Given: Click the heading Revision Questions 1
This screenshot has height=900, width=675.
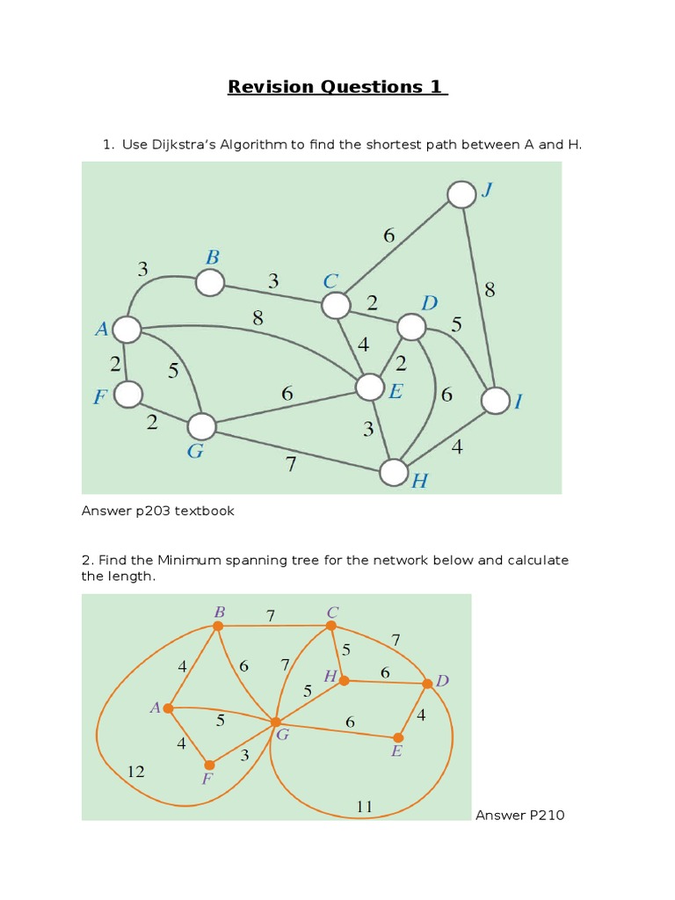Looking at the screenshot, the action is click(x=337, y=86).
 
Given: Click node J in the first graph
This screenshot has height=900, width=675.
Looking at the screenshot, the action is click(x=461, y=194).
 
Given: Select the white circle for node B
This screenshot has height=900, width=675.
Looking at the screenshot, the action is click(x=210, y=283).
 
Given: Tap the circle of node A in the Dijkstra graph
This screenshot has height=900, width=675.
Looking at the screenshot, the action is click(x=127, y=330).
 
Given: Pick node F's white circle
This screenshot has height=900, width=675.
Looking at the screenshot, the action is click(x=128, y=395).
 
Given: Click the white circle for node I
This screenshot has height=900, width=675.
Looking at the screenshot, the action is click(x=496, y=401).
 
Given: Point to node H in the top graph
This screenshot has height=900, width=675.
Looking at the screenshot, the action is click(x=395, y=472).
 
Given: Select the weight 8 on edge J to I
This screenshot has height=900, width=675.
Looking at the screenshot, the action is click(x=490, y=290).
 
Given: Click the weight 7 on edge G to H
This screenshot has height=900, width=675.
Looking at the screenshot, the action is click(x=291, y=465).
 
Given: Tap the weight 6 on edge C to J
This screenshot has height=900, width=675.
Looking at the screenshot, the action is click(x=389, y=235).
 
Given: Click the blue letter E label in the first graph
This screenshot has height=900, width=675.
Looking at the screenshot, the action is click(x=396, y=392).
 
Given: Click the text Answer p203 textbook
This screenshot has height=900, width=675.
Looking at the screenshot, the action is click(x=158, y=511).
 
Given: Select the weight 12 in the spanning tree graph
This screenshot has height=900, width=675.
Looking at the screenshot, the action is click(x=135, y=772).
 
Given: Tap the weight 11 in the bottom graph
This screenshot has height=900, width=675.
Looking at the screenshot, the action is click(x=365, y=805).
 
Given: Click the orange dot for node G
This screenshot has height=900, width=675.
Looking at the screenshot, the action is click(x=275, y=722).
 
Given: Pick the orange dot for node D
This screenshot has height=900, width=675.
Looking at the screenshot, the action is click(x=427, y=683).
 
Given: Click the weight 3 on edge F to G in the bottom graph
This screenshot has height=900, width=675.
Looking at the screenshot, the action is click(x=244, y=754).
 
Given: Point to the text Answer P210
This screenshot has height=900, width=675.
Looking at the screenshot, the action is click(x=520, y=815).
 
